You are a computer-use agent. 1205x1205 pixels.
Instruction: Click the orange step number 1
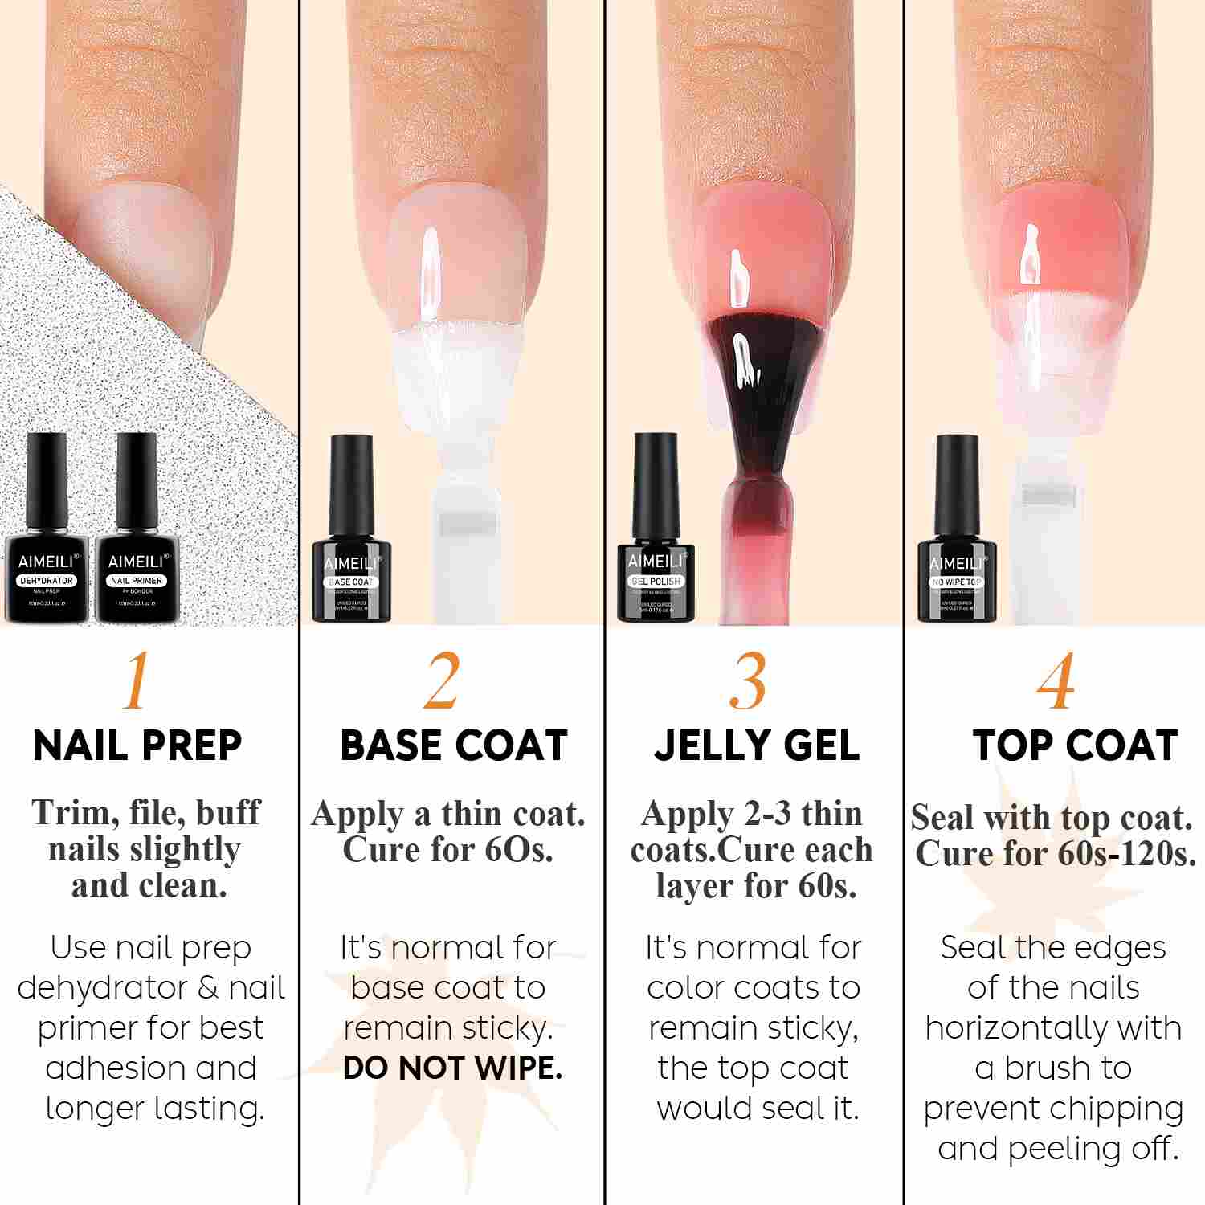click(137, 681)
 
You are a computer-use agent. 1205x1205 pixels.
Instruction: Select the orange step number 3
click(748, 681)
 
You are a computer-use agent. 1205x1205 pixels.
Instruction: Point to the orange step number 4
click(1055, 681)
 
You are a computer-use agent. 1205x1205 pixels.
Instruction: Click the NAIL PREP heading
click(137, 745)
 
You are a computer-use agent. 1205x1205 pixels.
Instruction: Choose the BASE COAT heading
click(454, 745)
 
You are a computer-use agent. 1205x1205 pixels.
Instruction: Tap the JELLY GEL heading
click(757, 745)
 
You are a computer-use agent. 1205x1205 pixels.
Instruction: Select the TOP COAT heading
click(1075, 745)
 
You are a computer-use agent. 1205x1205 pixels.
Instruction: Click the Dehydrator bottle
click(47, 538)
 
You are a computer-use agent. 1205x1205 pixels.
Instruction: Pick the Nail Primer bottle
click(136, 538)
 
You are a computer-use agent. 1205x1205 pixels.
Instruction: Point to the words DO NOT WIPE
click(452, 1068)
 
